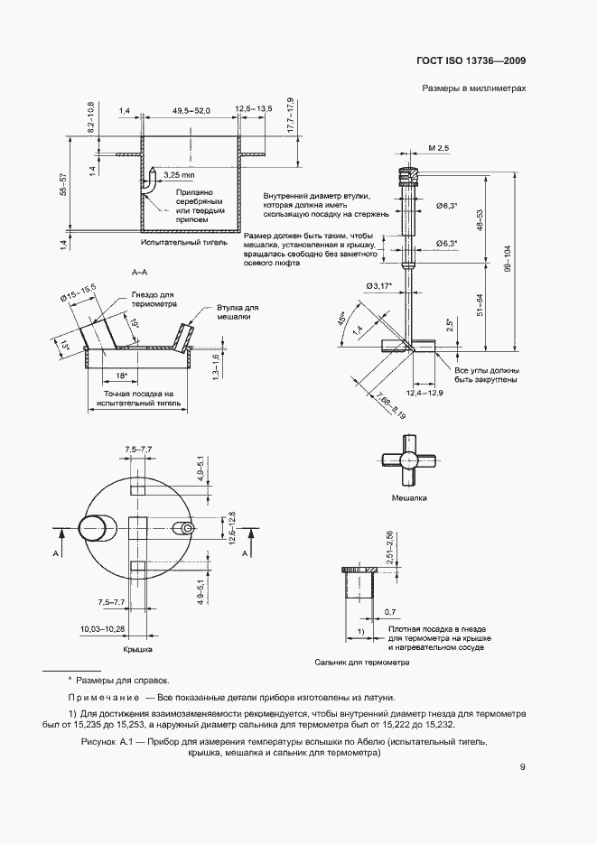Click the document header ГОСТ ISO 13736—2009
[x=471, y=60]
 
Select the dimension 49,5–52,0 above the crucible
[x=191, y=110]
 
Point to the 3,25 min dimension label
[x=179, y=175]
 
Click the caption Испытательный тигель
[x=184, y=242]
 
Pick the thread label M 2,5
[x=439, y=148]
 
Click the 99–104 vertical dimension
[x=508, y=259]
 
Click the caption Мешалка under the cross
[x=409, y=498]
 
